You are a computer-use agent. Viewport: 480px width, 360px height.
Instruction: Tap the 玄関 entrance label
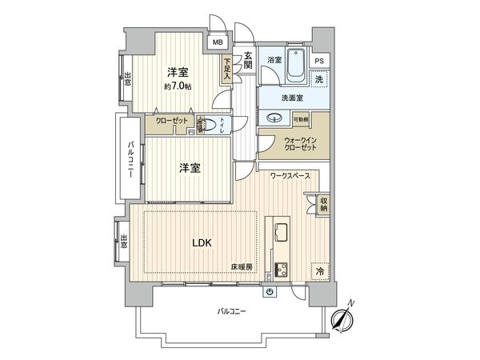pyautogui.click(x=248, y=60)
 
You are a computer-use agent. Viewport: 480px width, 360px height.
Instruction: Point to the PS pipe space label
pyautogui.click(x=319, y=60)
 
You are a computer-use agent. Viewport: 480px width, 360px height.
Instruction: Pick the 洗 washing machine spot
pyautogui.click(x=319, y=79)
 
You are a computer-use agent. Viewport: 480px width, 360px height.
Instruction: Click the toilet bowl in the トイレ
pyautogui.click(x=218, y=123)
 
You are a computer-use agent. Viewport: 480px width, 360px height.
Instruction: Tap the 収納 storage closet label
pyautogui.click(x=323, y=203)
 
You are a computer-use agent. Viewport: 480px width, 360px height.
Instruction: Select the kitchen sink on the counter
pyautogui.click(x=282, y=232)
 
